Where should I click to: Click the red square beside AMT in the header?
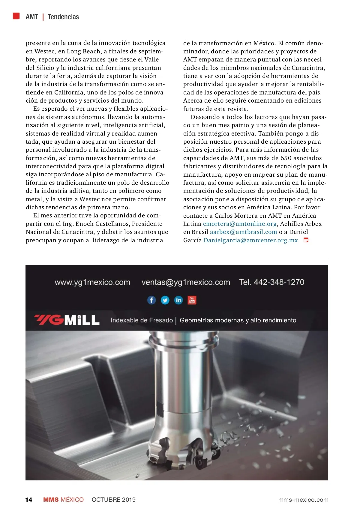tap(16, 16)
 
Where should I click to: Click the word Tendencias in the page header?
tap(63, 17)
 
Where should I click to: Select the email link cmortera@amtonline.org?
tap(240, 224)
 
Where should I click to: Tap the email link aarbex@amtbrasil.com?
tap(243, 232)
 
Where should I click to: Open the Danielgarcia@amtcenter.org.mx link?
tap(250, 240)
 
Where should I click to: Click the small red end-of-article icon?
tap(306, 240)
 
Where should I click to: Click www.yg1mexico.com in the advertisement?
tap(92, 282)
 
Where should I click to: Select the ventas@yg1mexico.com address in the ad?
tap(186, 282)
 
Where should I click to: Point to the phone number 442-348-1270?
tap(279, 282)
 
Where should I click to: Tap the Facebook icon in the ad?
tap(151, 300)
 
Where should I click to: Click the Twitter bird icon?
tap(165, 300)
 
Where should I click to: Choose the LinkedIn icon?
tap(178, 300)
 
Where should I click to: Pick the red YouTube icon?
tap(192, 300)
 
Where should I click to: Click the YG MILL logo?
tap(67, 320)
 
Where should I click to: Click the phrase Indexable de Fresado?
tap(142, 320)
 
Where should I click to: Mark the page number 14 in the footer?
tap(28, 500)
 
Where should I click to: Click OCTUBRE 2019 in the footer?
tap(113, 500)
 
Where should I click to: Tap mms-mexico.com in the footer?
tap(303, 500)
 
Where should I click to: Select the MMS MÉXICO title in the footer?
tap(63, 500)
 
